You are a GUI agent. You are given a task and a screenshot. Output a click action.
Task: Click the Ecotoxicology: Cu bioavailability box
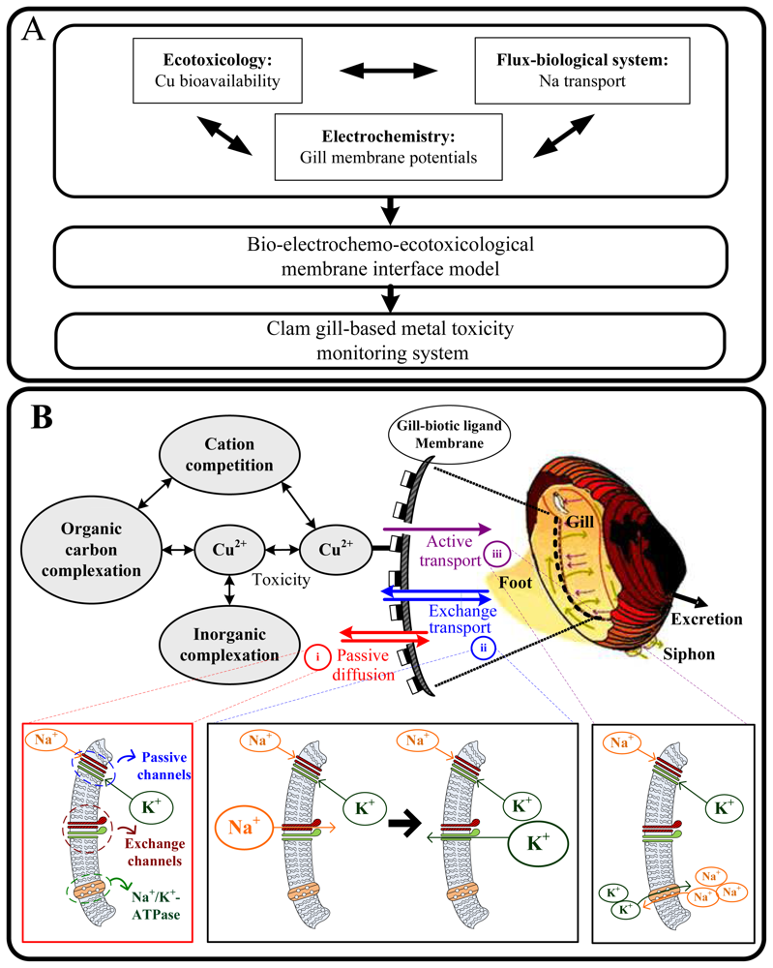[x=217, y=71]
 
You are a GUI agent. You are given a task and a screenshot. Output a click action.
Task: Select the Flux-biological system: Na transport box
[x=581, y=71]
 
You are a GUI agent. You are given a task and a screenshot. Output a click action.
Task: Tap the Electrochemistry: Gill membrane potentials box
[x=388, y=147]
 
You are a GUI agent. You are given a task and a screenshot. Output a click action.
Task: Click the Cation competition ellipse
[x=229, y=454]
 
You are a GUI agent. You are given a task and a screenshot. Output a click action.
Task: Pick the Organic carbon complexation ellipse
[x=91, y=550]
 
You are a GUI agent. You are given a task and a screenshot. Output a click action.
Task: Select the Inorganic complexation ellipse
[x=229, y=645]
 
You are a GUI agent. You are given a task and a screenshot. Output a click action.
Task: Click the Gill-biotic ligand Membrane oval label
[x=449, y=435]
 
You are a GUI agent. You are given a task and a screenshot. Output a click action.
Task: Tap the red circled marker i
[x=317, y=657]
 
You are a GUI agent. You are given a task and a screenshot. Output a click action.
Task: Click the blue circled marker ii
[x=483, y=649]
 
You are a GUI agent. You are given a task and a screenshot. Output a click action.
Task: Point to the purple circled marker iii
[x=496, y=554]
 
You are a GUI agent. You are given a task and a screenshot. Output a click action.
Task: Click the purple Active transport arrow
[x=436, y=529]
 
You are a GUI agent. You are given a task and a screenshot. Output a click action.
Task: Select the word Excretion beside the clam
[x=706, y=620]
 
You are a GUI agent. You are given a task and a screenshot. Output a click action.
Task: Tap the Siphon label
[x=689, y=654]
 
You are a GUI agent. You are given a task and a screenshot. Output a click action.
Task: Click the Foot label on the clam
[x=515, y=583]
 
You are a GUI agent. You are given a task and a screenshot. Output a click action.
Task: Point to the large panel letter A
[x=34, y=29]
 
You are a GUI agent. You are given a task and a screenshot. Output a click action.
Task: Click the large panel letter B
[x=42, y=417]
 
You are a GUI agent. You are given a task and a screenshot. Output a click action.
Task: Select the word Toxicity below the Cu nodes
[x=281, y=580]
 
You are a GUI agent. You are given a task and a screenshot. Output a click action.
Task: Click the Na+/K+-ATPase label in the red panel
[x=157, y=906]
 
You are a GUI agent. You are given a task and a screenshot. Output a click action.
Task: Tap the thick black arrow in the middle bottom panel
[x=404, y=824]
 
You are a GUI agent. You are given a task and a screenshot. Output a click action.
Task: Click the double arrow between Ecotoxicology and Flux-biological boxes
[x=389, y=71]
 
